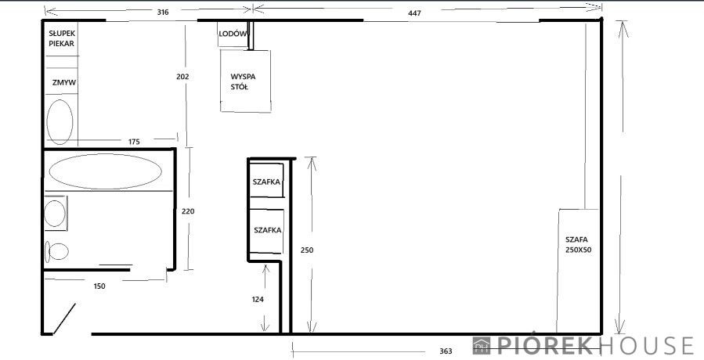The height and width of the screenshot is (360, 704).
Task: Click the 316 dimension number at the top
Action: coord(163,12)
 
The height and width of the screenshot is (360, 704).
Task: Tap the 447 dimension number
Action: coord(414,13)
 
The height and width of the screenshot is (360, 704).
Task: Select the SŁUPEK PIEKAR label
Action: coord(62,38)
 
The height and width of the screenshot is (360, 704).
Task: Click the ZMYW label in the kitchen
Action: coord(63,83)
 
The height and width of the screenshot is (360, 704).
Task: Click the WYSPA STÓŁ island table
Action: coord(246,81)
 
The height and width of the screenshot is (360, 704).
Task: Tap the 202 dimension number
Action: coord(182,77)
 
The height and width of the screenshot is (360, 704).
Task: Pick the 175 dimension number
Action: coord(134,142)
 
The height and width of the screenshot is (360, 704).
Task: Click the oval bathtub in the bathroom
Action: coord(106,171)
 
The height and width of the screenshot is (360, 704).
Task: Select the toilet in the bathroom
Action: coord(56,251)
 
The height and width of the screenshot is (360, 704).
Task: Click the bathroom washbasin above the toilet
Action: coord(56,213)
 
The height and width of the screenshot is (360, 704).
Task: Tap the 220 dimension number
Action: coord(188,211)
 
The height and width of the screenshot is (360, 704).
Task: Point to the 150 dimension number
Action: coord(99,286)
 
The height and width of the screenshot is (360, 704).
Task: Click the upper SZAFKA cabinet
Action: coord(267,181)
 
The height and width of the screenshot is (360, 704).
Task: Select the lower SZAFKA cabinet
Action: coord(267,231)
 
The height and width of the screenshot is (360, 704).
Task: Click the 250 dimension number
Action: coord(307,250)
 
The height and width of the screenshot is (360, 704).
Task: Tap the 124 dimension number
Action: coord(258,300)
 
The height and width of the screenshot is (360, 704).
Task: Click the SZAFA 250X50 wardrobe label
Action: coord(578,245)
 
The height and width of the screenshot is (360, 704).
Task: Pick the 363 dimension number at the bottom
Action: coord(446,351)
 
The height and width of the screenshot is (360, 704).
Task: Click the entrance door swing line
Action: coord(65,319)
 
